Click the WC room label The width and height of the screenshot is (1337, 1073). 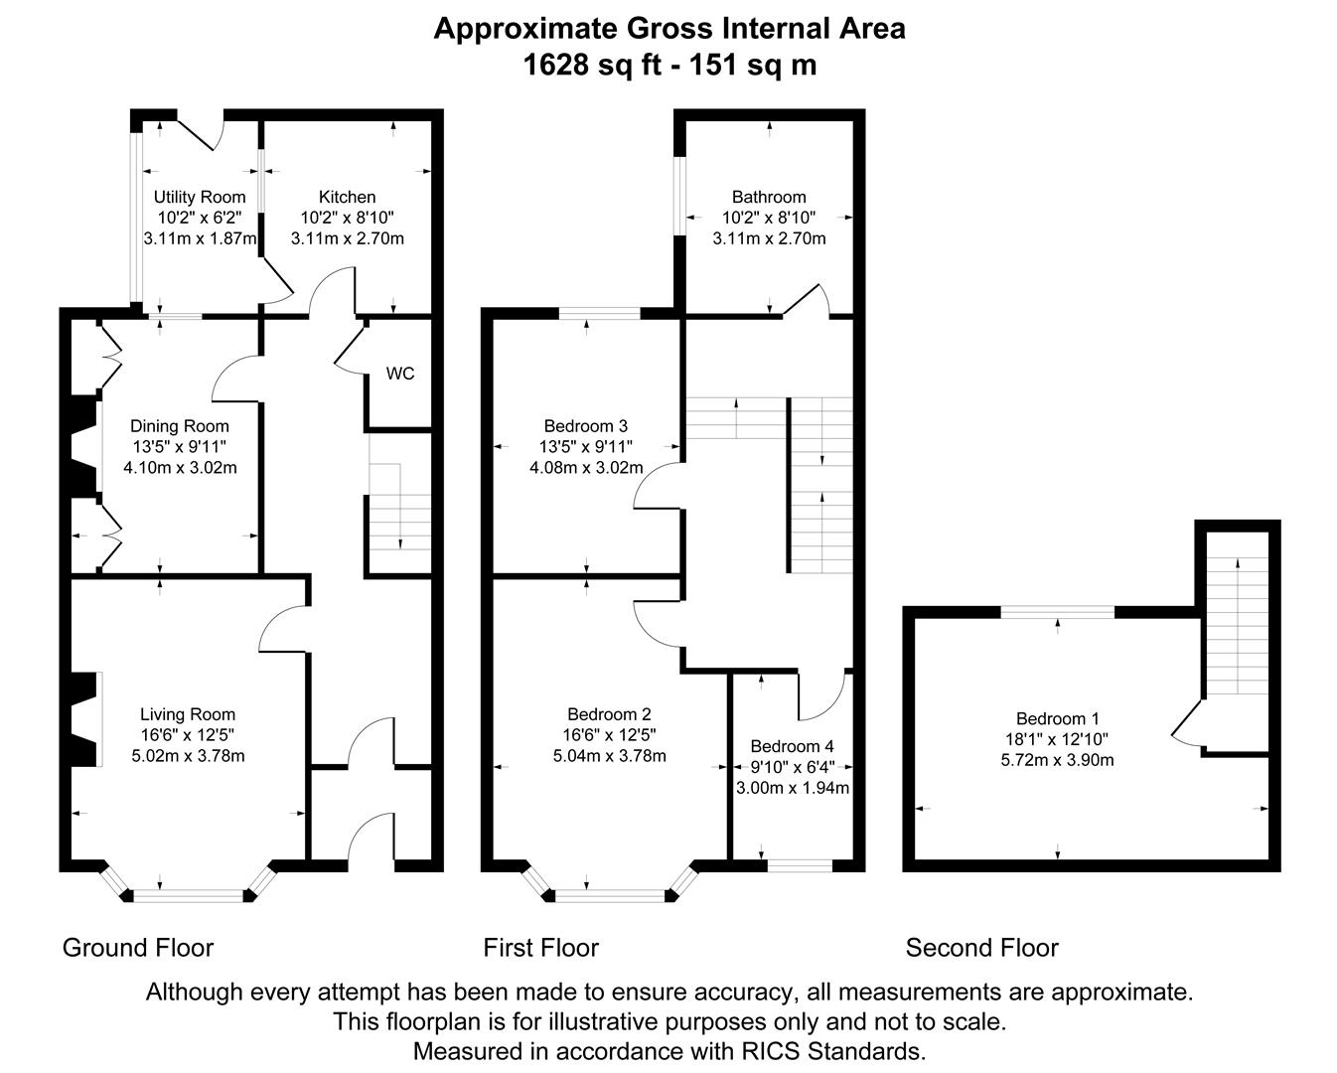point(400,374)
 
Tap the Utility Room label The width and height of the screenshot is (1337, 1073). point(199,197)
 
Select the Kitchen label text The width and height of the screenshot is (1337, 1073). point(347,197)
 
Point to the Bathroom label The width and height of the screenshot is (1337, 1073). point(769,197)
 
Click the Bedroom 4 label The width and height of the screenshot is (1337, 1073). point(792,746)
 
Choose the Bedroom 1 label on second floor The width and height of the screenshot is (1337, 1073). point(1057,718)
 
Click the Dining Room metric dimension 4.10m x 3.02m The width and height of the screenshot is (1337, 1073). point(180,467)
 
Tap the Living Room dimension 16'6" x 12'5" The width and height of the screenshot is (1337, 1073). point(188,735)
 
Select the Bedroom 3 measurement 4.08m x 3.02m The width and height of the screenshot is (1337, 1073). point(586,467)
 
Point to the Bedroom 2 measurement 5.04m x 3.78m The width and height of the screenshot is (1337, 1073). point(609,756)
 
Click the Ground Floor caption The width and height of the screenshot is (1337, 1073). point(138,948)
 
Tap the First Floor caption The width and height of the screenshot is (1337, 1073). point(540,948)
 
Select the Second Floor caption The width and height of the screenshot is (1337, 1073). point(981,948)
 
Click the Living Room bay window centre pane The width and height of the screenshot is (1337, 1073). point(188,896)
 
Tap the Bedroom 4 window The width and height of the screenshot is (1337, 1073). point(800,865)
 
